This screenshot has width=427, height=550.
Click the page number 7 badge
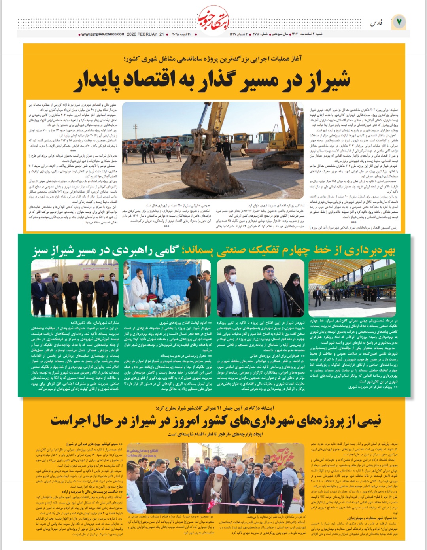pos(399,22)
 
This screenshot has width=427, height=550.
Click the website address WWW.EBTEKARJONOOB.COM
pos(103,34)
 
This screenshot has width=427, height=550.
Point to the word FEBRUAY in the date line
pos(147,34)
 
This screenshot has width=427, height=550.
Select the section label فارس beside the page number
pos(376,23)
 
